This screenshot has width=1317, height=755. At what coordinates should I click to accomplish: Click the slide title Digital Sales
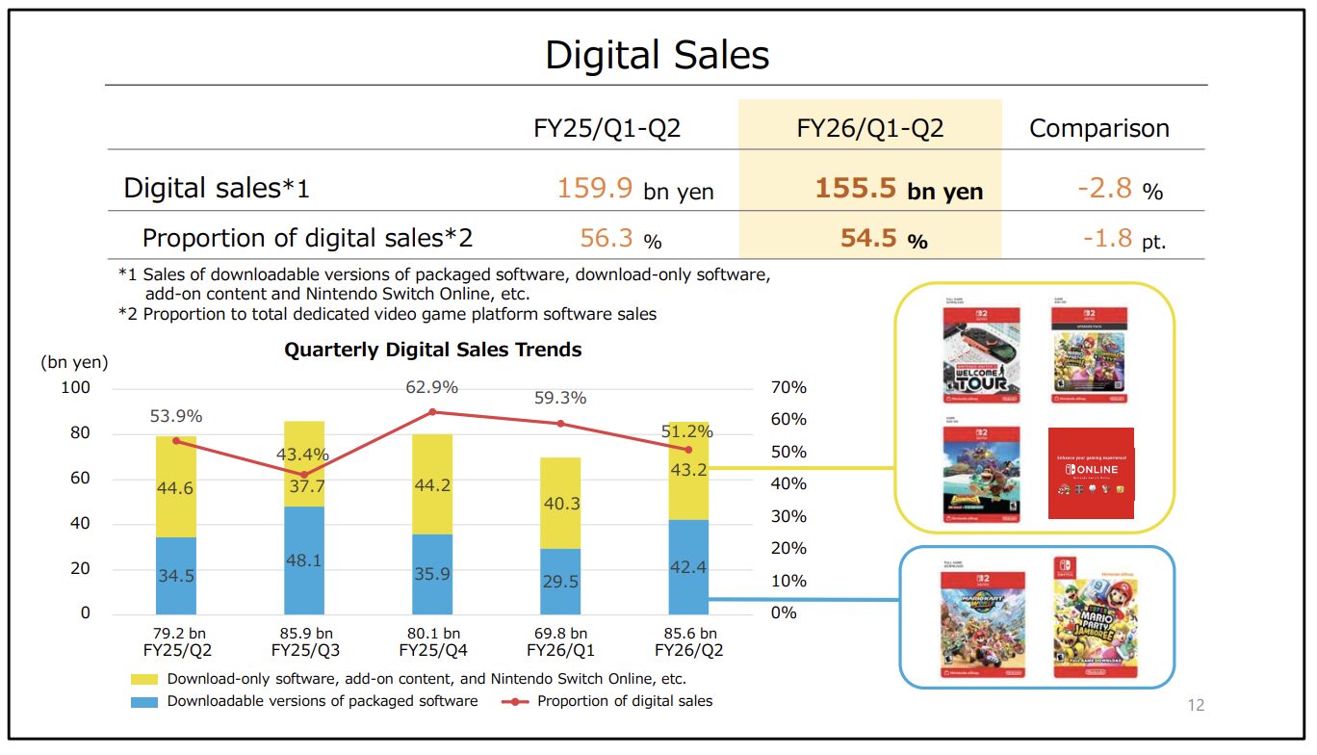pos(658,55)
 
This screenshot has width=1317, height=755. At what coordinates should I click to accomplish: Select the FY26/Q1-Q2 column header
pos(869,128)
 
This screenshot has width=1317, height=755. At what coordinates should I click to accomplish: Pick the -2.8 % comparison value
pos(1120,188)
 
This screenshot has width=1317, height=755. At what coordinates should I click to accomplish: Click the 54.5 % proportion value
pos(883,238)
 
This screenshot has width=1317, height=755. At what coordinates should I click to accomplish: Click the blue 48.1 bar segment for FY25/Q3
pos(304,560)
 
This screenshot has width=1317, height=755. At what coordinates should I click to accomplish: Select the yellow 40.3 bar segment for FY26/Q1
pos(560,504)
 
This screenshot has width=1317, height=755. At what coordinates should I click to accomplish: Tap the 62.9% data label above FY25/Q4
pos(431,387)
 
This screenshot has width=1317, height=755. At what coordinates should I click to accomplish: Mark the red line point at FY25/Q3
pos(304,474)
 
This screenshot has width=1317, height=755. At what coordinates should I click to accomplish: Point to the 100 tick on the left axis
pos(76,388)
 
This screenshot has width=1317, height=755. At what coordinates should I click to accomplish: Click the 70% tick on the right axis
pos(789,388)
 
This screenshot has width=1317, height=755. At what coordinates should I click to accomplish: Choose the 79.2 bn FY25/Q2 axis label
pos(176,641)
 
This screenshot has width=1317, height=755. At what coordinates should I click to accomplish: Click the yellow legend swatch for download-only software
pos(144,679)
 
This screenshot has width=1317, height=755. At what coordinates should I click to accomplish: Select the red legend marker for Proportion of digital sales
pos(517,701)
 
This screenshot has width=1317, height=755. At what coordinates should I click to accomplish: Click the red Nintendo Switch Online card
pos(1090,473)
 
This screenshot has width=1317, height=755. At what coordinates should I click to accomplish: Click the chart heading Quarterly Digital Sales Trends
pos(432,350)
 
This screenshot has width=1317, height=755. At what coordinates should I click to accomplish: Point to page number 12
pos(1196,706)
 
